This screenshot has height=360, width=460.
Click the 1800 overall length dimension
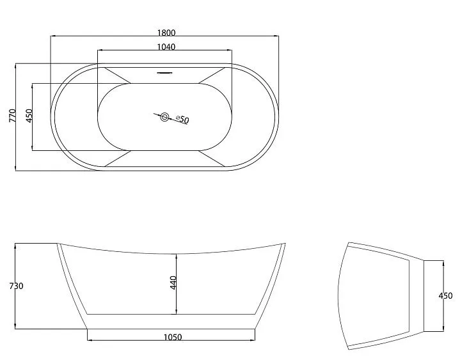coord(166,33)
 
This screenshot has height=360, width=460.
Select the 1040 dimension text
coord(166,47)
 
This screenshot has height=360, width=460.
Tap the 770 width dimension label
coord(12,116)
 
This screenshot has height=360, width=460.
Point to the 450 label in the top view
coord(29,116)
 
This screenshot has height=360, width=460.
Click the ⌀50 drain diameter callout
coord(182,119)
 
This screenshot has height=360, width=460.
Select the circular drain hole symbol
coord(164,118)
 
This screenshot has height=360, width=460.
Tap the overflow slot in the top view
coord(164,73)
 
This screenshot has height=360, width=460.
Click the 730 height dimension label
coord(16,286)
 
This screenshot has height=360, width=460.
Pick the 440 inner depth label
coord(173,283)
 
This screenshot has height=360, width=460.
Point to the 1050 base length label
coord(173,337)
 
